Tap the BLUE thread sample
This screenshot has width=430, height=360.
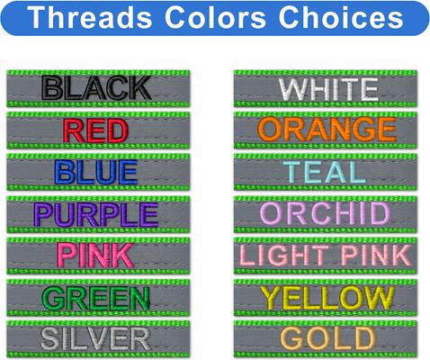click(x=96, y=171)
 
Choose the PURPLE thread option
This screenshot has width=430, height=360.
click(x=96, y=213)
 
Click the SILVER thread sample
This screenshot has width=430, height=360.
click(x=96, y=337)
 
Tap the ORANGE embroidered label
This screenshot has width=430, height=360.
click(x=327, y=130)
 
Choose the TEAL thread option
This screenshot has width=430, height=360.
click(x=327, y=171)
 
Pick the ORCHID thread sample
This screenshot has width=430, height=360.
click(x=327, y=213)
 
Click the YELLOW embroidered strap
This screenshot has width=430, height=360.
click(x=327, y=296)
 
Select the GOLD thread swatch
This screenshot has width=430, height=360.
click(x=327, y=337)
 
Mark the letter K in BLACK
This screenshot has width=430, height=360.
click(x=137, y=87)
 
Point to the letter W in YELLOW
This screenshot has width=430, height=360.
click(x=392, y=296)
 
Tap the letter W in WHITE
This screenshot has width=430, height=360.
click(x=293, y=88)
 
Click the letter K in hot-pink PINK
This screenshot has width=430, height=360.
click(x=127, y=255)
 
